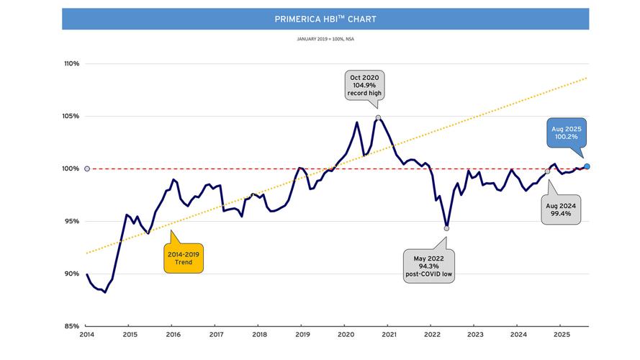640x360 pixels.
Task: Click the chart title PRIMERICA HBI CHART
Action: (x=325, y=19)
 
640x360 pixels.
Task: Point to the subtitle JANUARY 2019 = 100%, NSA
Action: (x=325, y=39)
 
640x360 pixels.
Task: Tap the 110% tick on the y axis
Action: (x=71, y=64)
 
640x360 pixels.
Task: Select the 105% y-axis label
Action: (x=71, y=117)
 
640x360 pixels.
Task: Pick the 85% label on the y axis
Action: (x=71, y=326)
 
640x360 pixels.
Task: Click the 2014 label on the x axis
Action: (x=86, y=335)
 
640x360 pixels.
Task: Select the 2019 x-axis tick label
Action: (x=302, y=335)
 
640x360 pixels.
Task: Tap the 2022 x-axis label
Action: (x=432, y=335)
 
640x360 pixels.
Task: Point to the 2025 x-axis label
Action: (x=562, y=335)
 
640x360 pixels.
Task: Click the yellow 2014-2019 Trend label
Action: (x=184, y=258)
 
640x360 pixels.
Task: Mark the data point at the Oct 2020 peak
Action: (x=378, y=117)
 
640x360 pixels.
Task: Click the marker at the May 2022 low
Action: (x=447, y=228)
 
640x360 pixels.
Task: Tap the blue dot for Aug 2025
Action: (x=587, y=166)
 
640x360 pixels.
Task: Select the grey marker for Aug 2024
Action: (x=547, y=171)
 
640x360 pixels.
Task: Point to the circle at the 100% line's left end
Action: (x=87, y=168)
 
